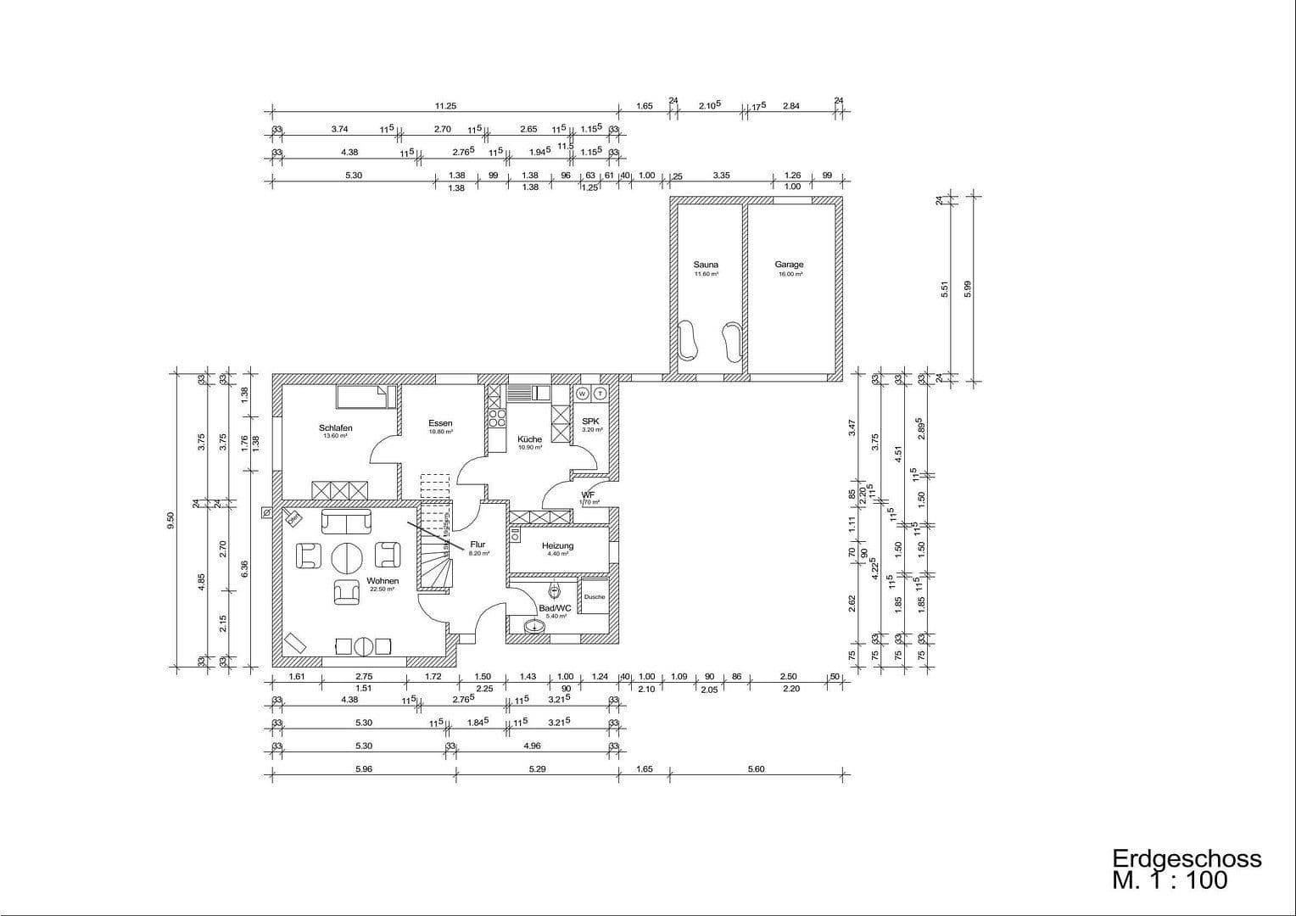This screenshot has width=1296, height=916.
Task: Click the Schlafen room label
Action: [x=335, y=427]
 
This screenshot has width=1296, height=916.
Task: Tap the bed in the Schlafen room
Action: [x=366, y=397]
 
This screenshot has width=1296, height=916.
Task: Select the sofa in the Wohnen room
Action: [x=345, y=522]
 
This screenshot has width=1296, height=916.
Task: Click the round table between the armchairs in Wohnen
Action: [x=347, y=558]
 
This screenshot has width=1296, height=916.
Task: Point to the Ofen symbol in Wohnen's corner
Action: [x=293, y=517]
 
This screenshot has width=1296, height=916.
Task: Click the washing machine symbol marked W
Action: [x=583, y=394]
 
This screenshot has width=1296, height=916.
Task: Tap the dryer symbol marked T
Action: [x=601, y=394]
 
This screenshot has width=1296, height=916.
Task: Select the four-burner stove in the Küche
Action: [x=497, y=418]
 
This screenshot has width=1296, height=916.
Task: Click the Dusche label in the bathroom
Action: [x=595, y=596]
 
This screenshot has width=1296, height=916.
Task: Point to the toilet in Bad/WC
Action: [x=555, y=589]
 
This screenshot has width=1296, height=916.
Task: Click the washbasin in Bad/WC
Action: [x=534, y=628]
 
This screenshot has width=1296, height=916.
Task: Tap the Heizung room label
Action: [x=557, y=546]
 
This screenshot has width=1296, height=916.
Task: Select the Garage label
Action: [x=789, y=265]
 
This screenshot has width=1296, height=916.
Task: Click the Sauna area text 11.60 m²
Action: [x=706, y=275]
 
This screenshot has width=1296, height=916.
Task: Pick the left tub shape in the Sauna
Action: [x=689, y=341]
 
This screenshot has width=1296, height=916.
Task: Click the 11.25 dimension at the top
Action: [x=445, y=106]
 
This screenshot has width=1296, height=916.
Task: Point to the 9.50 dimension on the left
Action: [x=170, y=520]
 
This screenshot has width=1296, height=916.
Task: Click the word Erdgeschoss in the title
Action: [x=1187, y=858]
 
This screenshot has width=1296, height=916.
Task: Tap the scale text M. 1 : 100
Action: [x=1170, y=881]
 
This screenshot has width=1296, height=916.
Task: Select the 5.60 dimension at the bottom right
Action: [x=756, y=769]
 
